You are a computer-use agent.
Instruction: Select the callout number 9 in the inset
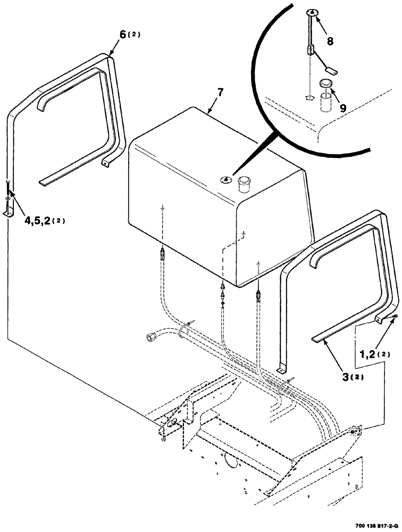(x=343, y=107)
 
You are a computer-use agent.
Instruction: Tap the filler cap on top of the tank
(x=245, y=184)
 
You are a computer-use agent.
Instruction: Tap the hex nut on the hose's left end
(x=150, y=337)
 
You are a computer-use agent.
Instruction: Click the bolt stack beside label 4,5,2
(x=8, y=198)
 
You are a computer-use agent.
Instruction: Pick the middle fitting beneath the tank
(x=222, y=292)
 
